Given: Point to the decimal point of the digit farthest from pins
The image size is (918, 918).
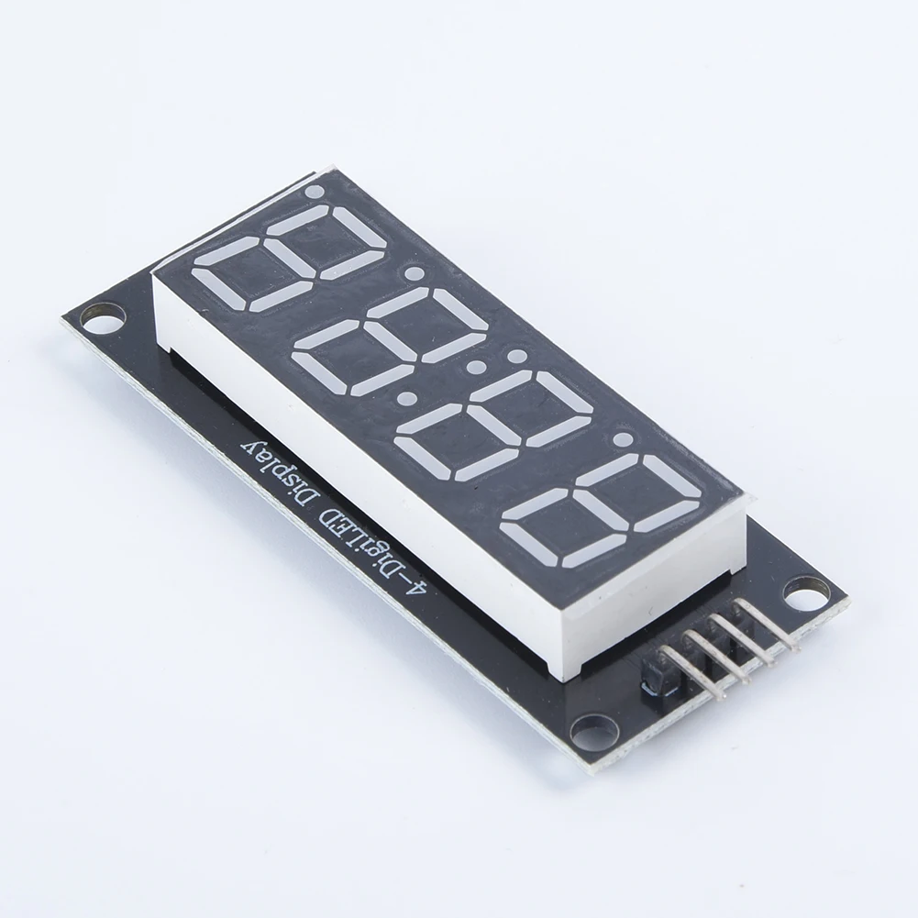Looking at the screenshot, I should (x=314, y=193).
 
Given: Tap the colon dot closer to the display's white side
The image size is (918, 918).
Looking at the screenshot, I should (x=404, y=401).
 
